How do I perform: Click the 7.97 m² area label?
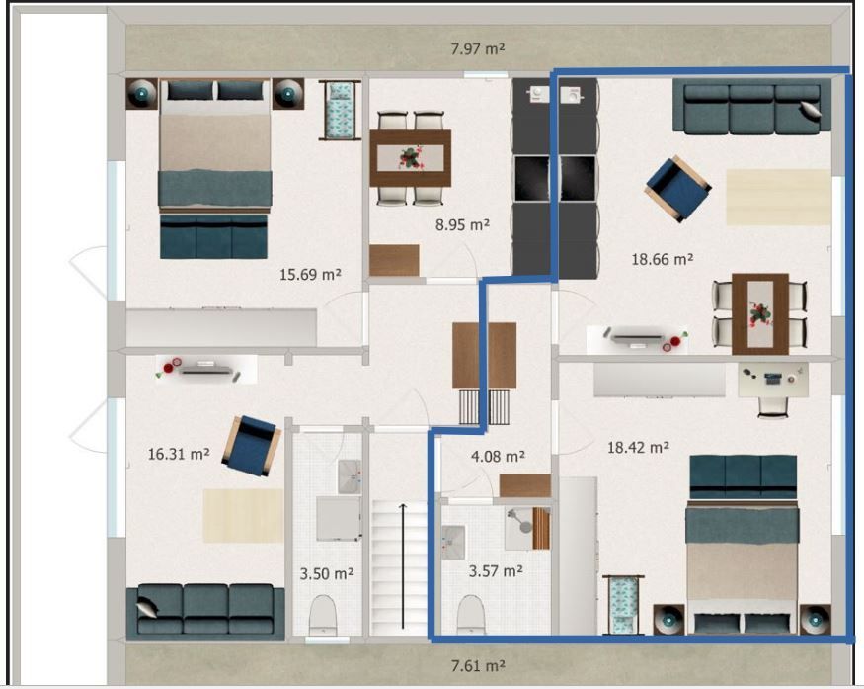[x=478, y=49]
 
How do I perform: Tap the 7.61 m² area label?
[x=478, y=666]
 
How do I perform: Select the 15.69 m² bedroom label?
[x=310, y=274]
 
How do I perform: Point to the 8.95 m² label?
[x=462, y=224]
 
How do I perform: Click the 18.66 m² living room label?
[x=662, y=258]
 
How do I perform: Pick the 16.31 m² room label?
[x=179, y=454]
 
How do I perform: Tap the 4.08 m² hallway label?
[x=498, y=457]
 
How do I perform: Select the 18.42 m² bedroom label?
[x=638, y=447]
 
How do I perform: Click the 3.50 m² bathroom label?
[x=326, y=573]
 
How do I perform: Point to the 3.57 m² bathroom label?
[x=496, y=571]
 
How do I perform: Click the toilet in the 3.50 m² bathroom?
[x=323, y=615]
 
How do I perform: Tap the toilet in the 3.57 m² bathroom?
[x=471, y=615]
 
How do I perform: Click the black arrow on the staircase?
[x=403, y=566]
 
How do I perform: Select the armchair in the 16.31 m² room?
[x=251, y=446]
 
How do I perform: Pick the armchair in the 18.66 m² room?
[x=677, y=189]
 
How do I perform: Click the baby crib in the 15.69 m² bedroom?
[x=340, y=110]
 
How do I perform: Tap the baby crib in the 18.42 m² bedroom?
[x=623, y=605]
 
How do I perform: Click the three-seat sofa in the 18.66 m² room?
[x=751, y=106]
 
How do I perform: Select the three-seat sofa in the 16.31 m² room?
[x=205, y=612]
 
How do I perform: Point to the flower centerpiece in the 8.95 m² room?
[x=410, y=158]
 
